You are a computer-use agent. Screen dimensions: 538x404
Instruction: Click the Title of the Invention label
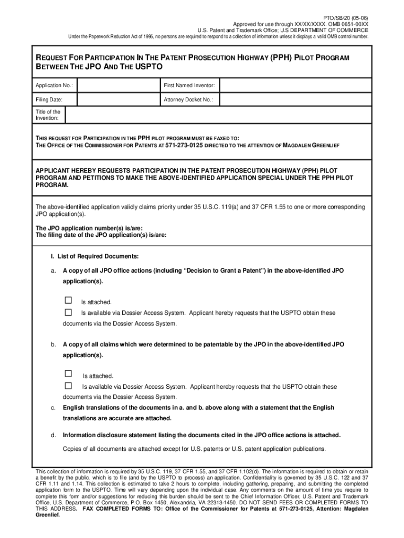pyautogui.click(x=48, y=115)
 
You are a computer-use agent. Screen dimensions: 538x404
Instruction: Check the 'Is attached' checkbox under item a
pyautogui.click(x=68, y=301)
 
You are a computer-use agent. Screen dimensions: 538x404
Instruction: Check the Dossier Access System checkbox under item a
pyautogui.click(x=68, y=312)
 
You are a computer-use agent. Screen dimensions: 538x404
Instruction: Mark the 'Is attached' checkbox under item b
pyautogui.click(x=68, y=374)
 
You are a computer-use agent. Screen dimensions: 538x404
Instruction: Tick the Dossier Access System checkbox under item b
pyautogui.click(x=68, y=386)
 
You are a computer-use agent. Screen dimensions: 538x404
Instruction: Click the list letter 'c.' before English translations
pyautogui.click(x=54, y=408)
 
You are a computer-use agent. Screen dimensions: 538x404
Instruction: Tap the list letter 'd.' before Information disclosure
pyautogui.click(x=54, y=435)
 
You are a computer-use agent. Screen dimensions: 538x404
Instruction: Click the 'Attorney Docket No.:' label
pyautogui.click(x=188, y=99)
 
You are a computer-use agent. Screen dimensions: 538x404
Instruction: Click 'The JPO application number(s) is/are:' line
pyautogui.click(x=89, y=229)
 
